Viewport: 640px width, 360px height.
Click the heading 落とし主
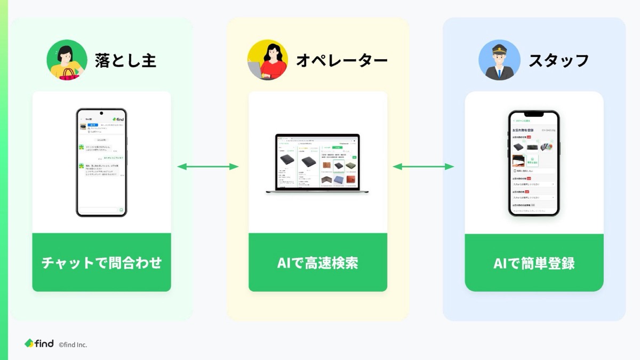125,60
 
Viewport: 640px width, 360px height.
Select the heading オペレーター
342,60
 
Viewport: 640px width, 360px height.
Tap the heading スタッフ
558,60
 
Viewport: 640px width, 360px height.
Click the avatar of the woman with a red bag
67,60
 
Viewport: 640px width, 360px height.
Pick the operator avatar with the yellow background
267,60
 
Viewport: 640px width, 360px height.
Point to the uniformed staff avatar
499,60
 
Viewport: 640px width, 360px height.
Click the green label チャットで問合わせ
101,262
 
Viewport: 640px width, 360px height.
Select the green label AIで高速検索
317,262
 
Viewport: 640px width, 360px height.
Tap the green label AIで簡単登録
534,262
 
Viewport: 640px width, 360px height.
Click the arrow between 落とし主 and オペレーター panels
207,167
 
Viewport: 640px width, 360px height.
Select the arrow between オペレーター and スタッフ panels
423,167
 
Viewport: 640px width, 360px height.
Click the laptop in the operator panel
317,163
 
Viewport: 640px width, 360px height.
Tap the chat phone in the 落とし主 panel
101,163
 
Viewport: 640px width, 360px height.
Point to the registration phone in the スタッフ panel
533,163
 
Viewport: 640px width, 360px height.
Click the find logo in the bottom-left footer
39,343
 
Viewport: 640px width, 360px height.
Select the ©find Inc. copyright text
73,345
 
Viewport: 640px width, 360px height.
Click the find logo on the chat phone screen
118,119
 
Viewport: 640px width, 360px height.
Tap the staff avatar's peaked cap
499,47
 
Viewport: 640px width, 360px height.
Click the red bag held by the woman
69,74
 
